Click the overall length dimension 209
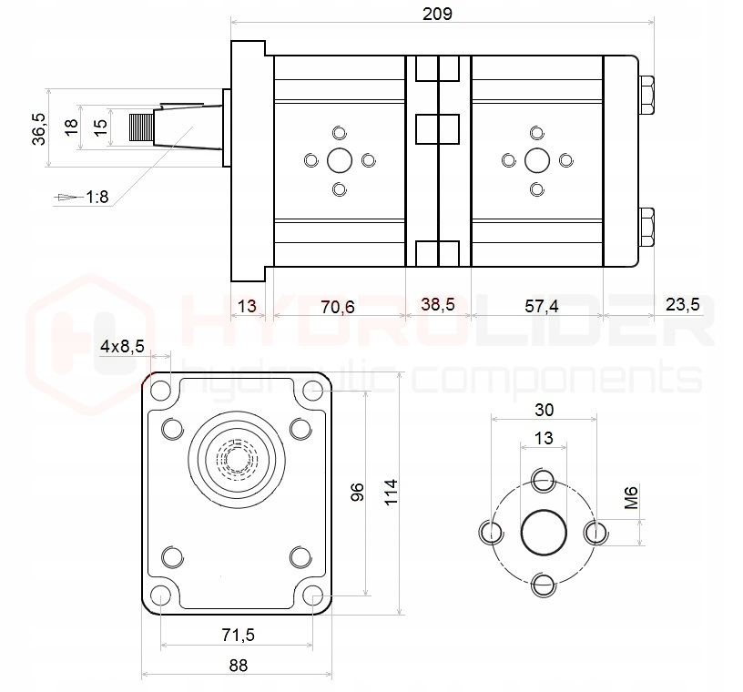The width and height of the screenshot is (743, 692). click(437, 14)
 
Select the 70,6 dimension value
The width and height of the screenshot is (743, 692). click(338, 307)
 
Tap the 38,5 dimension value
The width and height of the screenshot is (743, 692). click(437, 307)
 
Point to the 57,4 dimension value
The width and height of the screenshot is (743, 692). click(541, 307)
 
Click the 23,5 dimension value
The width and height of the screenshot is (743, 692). click(682, 305)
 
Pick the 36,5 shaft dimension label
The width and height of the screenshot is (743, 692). click(37, 127)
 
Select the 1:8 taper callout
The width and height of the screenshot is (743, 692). click(97, 197)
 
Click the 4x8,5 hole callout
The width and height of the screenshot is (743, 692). click(121, 346)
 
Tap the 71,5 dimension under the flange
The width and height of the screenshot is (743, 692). click(237, 634)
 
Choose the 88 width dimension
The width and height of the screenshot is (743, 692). click(238, 665)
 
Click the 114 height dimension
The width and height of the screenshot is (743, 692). click(391, 493)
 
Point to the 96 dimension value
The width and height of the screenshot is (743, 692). click(358, 493)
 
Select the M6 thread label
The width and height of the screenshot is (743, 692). click(631, 498)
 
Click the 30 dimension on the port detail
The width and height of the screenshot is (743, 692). click(544, 409)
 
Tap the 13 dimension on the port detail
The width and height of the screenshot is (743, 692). click(543, 438)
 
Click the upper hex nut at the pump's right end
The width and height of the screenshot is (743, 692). click(646, 95)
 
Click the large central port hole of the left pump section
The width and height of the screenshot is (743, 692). click(340, 161)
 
